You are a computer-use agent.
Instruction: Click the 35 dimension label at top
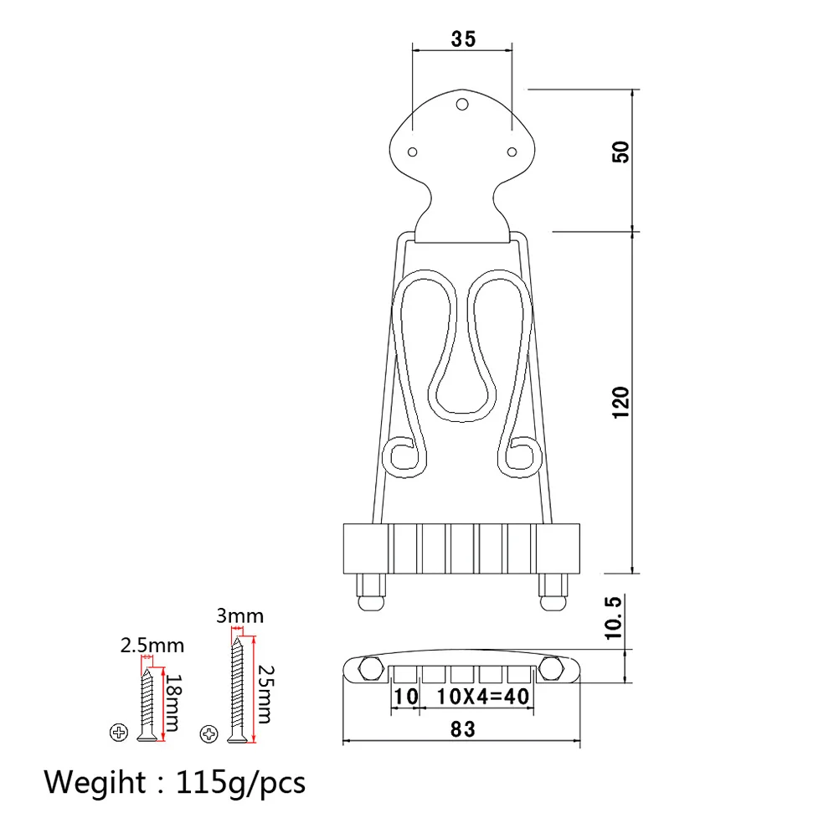(462, 39)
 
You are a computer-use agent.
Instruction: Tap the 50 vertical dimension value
(620, 152)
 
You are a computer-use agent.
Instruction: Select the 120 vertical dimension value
(620, 402)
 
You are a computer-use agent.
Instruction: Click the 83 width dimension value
(462, 729)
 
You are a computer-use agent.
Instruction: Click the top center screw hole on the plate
(461, 106)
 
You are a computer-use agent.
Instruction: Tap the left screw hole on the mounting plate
(412, 152)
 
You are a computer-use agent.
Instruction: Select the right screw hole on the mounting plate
(511, 152)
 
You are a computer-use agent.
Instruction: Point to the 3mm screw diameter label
(239, 616)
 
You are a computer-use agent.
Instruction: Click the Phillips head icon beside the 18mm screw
(117, 732)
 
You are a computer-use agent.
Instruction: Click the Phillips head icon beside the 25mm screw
(208, 733)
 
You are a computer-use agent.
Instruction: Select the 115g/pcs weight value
(241, 784)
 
